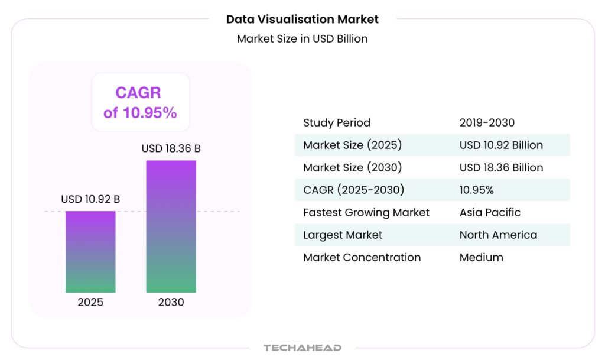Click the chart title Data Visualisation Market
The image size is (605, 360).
tap(302, 19)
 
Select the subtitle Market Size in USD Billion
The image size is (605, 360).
tap(302, 39)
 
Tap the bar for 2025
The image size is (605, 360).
tap(90, 251)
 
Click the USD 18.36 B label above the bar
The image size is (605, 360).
tap(171, 148)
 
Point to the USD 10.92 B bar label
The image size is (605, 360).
tap(90, 199)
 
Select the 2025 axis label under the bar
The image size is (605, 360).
tap(90, 302)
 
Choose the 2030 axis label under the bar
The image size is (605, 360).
tap(171, 302)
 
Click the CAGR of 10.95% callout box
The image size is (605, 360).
tap(140, 102)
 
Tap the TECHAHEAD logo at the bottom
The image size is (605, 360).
tap(302, 348)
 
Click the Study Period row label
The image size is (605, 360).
tap(337, 123)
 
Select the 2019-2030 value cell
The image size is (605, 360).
tap(487, 123)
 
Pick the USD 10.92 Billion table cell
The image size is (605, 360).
tap(501, 145)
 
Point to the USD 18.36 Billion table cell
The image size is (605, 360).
tap(501, 168)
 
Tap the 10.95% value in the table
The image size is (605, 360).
tap(476, 190)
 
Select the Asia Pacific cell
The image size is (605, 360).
tap(490, 212)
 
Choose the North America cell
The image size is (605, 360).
tap(498, 235)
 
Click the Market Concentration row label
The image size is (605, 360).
tap(362, 257)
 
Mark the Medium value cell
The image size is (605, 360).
tap(481, 257)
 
